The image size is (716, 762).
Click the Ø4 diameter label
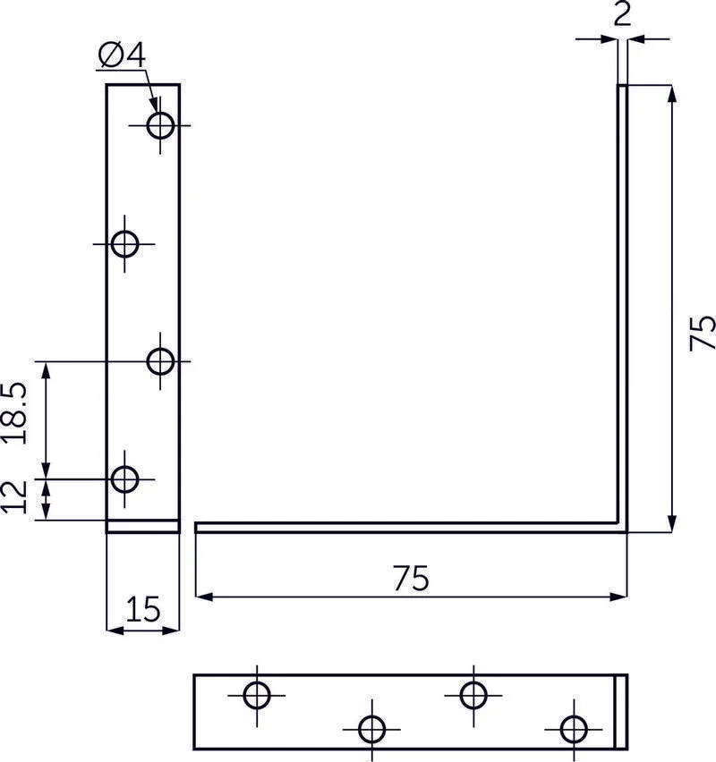point(121,55)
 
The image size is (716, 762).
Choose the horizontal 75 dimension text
point(410,579)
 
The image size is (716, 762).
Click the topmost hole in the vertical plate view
point(161,125)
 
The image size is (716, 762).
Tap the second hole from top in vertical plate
point(125,242)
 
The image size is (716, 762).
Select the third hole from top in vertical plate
point(161,361)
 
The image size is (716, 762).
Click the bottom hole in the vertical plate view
point(125,479)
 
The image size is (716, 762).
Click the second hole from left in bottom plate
point(371,729)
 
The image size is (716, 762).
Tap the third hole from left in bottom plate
point(473,694)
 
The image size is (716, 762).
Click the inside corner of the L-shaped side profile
point(618,523)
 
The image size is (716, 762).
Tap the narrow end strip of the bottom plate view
point(622,712)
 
